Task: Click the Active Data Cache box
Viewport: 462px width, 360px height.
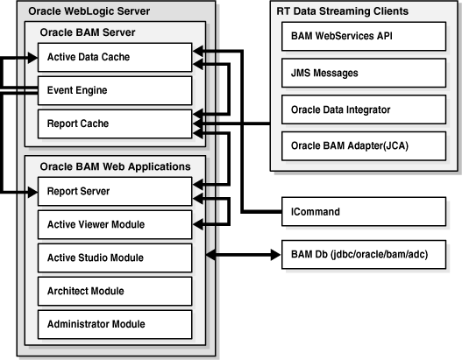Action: [114, 59]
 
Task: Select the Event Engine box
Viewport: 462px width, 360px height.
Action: [114, 89]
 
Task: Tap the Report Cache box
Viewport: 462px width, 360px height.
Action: [114, 123]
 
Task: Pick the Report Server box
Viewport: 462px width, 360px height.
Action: [114, 190]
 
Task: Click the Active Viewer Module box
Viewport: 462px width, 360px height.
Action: [114, 223]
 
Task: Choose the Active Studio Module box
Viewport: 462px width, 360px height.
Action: [114, 258]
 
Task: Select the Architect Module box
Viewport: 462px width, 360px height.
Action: [114, 291]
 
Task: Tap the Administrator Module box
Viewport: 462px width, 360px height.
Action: [114, 324]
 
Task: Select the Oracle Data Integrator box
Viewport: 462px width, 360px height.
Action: [364, 109]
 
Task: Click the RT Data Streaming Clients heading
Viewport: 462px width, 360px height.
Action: [345, 11]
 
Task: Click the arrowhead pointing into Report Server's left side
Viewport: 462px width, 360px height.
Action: [32, 190]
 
